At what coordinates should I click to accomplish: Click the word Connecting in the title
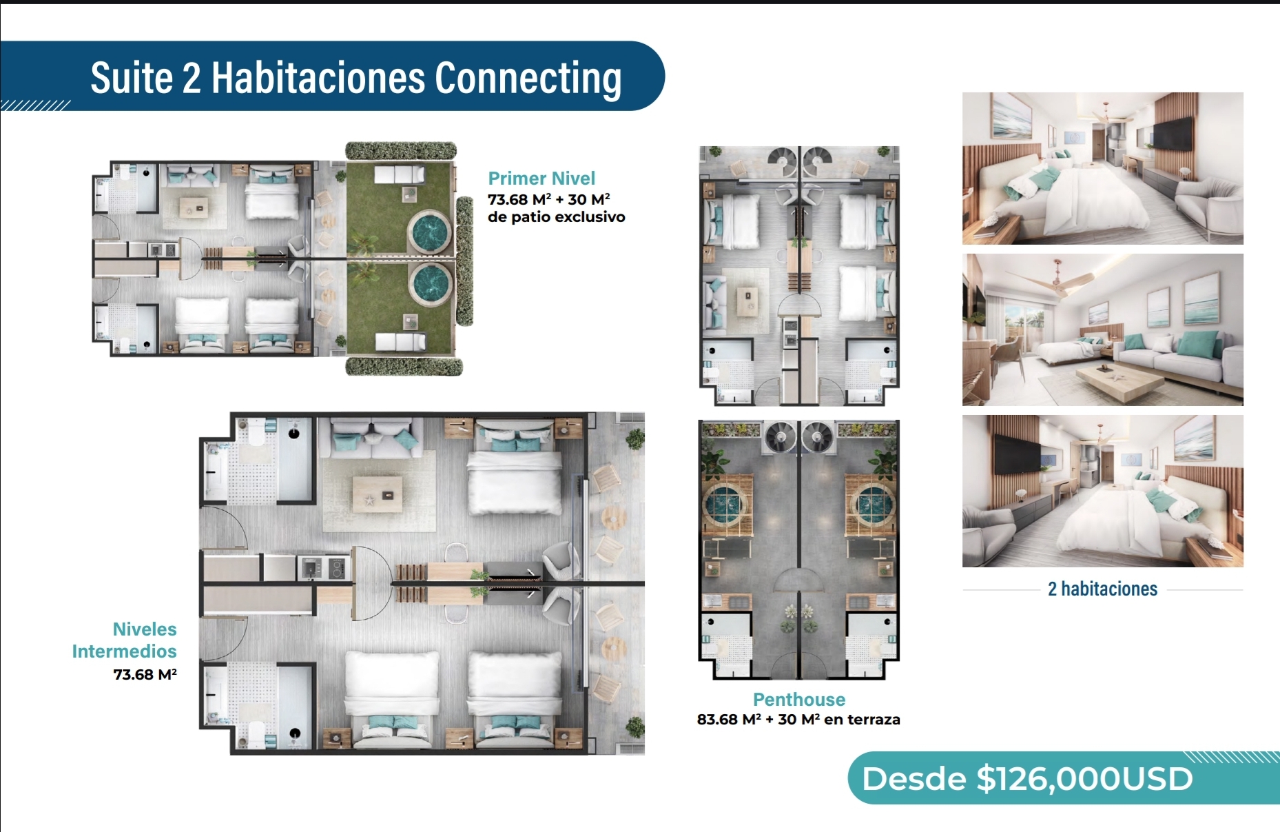[528, 79]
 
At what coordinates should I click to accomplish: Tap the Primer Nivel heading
[541, 179]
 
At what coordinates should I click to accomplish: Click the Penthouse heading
[799, 700]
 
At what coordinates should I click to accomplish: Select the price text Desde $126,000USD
[1027, 779]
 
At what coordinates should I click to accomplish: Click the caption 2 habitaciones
[1102, 589]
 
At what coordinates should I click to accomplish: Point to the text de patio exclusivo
[557, 217]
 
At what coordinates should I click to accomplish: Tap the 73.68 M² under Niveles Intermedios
[145, 674]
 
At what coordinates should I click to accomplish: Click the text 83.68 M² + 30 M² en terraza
[798, 720]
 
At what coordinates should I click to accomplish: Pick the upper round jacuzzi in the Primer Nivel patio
[430, 232]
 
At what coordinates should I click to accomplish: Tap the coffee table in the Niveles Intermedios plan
[377, 494]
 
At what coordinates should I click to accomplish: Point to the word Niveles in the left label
[145, 629]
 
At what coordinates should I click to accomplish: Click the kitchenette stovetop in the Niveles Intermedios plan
[338, 568]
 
